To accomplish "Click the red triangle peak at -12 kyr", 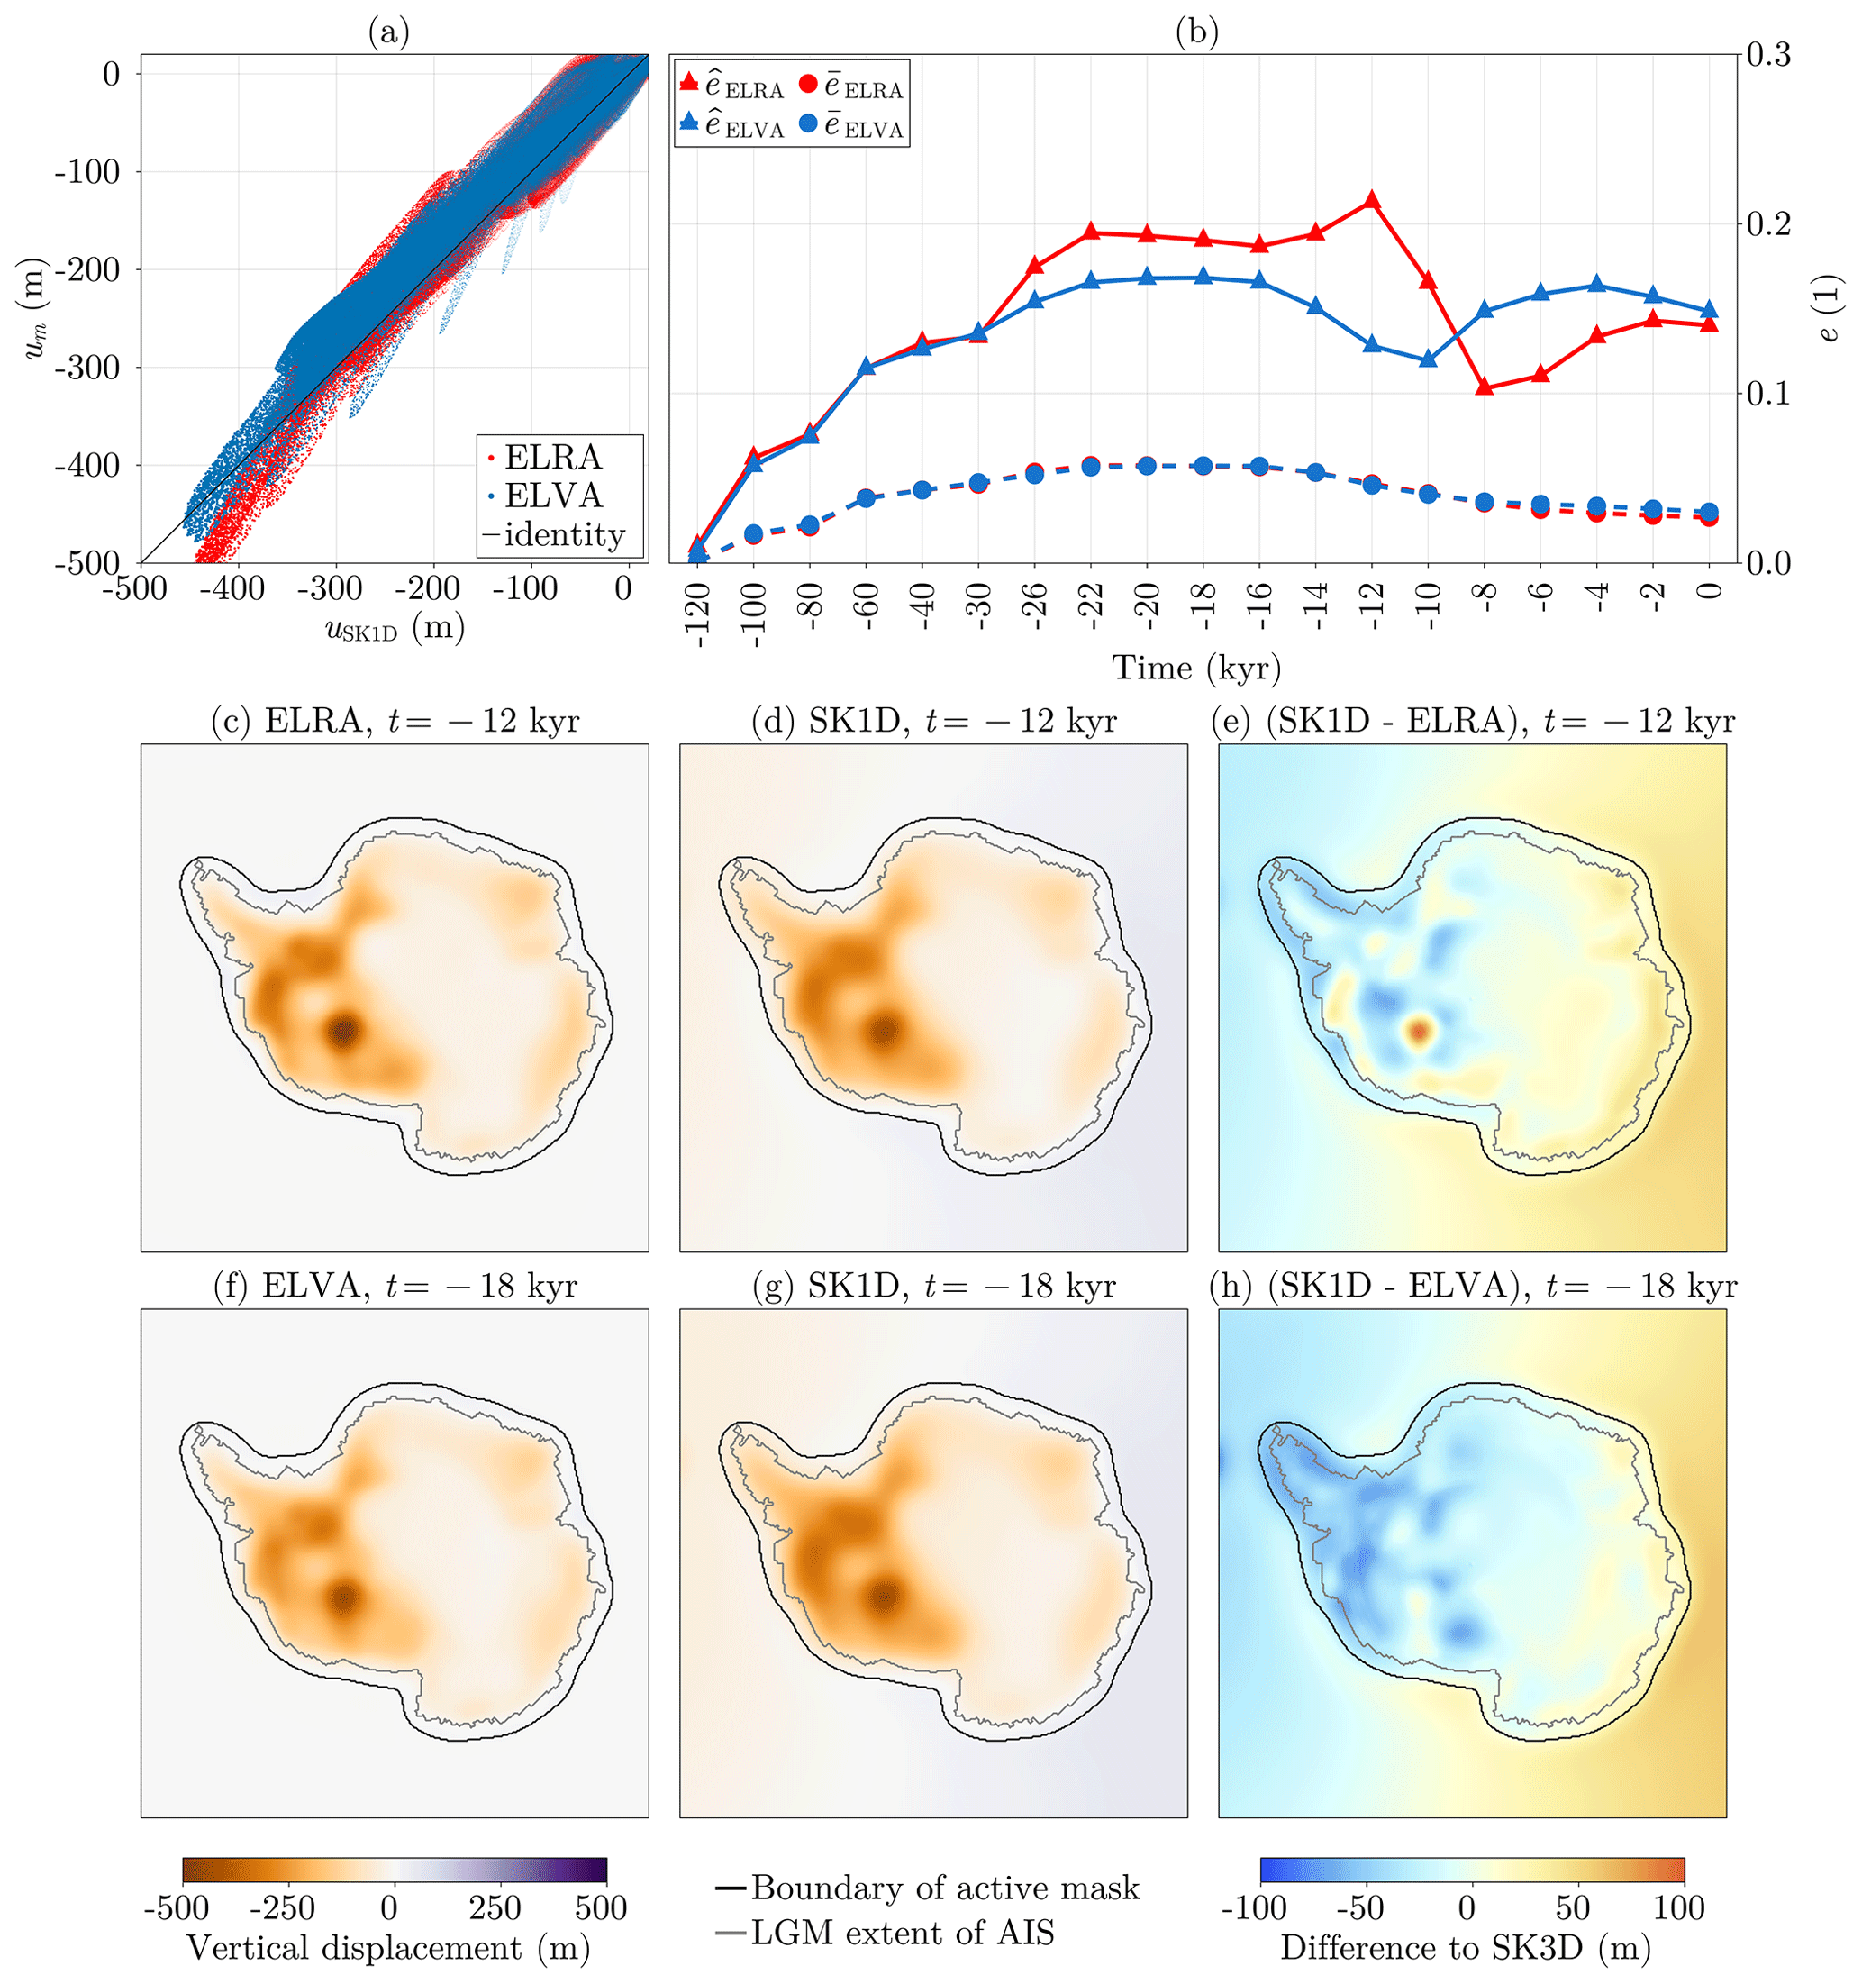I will point(1372,201).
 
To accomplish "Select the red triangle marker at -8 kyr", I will point(1484,387).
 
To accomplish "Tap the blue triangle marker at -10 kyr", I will point(1428,359).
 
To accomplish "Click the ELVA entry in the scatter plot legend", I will point(553,496).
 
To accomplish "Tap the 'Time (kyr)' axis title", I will point(1196,668).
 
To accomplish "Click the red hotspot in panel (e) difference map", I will point(1419,1029).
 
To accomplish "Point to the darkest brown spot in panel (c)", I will point(343,1031).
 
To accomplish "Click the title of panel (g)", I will point(933,1287).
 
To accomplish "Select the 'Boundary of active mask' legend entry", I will point(944,1888).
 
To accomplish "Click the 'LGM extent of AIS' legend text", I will point(902,1934).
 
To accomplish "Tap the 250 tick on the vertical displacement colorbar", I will point(495,1908).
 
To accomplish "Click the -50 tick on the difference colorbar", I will point(1360,1908).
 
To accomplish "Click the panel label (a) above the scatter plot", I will point(388,33).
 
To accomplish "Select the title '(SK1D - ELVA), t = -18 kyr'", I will point(1473,1287).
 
